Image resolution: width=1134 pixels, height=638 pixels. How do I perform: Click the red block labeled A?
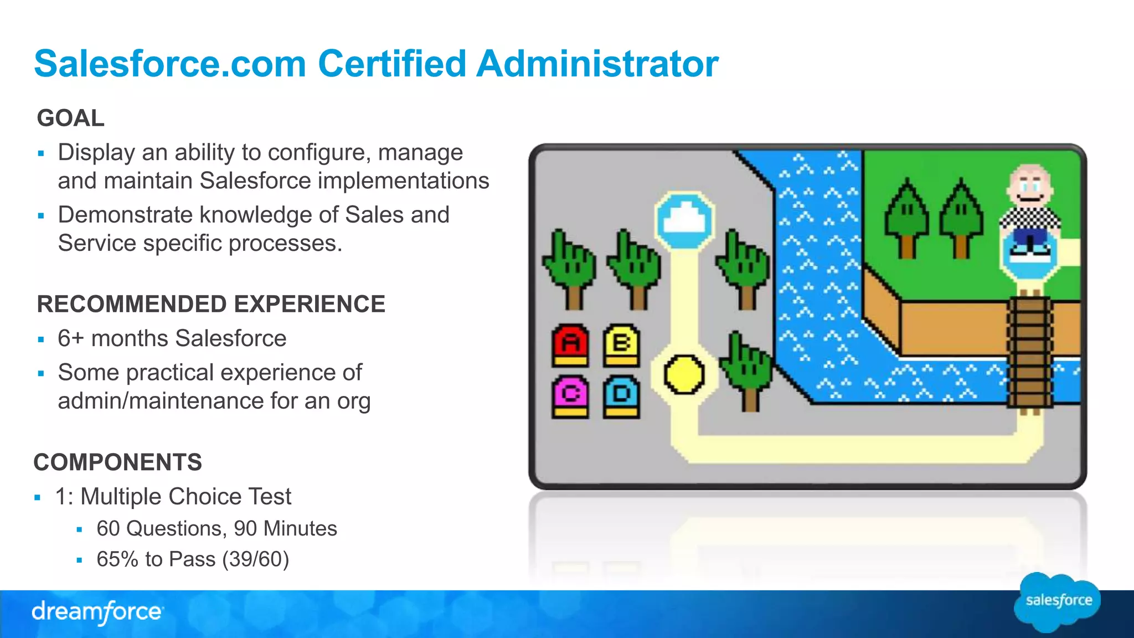coord(570,344)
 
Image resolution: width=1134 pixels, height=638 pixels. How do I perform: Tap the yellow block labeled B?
coord(621,344)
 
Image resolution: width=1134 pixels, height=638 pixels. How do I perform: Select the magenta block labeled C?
coord(570,395)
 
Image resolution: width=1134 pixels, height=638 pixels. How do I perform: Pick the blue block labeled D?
coord(621,395)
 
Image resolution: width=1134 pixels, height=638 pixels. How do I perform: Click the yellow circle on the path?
coord(684,375)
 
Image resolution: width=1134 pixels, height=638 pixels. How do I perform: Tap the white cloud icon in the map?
coord(684,220)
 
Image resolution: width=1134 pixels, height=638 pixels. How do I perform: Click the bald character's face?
coord(1029,186)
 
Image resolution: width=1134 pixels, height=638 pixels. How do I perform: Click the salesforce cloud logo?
coord(1058,601)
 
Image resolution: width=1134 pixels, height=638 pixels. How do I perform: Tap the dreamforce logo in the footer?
coord(97,612)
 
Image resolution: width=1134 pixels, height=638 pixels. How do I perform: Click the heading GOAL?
coord(70,118)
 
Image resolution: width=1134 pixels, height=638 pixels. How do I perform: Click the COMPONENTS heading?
coord(118,462)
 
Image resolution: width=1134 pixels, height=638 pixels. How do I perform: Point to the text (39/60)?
coord(255,559)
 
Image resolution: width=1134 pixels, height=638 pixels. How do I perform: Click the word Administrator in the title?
coord(597,64)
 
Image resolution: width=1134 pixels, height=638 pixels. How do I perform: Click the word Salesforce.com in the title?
coord(170,64)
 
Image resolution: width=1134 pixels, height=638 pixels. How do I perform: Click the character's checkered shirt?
coord(1030,218)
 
